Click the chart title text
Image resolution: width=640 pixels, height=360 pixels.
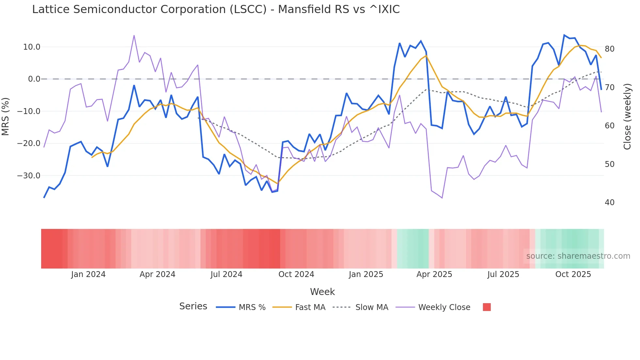click(x=216, y=9)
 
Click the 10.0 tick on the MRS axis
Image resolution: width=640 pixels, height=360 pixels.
click(x=32, y=47)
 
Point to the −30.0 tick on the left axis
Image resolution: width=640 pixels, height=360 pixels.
click(x=29, y=176)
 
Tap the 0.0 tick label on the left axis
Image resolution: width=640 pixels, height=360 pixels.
click(x=34, y=79)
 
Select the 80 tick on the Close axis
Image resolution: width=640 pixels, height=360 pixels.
click(x=609, y=49)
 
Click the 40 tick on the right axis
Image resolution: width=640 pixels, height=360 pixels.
click(x=609, y=203)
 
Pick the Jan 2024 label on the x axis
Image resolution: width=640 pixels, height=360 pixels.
click(x=88, y=274)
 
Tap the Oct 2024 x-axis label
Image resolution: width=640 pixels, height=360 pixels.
click(x=296, y=274)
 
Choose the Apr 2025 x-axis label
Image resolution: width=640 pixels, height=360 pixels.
click(x=434, y=274)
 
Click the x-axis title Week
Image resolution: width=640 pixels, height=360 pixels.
click(x=322, y=292)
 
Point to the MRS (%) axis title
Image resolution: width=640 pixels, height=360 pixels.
click(x=6, y=116)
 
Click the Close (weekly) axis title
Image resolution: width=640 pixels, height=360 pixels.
click(x=627, y=116)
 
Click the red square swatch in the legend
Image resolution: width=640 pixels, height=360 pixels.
click(x=487, y=307)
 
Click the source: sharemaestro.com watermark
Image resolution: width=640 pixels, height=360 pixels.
click(x=578, y=256)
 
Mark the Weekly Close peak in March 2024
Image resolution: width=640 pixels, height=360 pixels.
click(x=134, y=36)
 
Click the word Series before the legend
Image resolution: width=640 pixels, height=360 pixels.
click(x=193, y=306)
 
